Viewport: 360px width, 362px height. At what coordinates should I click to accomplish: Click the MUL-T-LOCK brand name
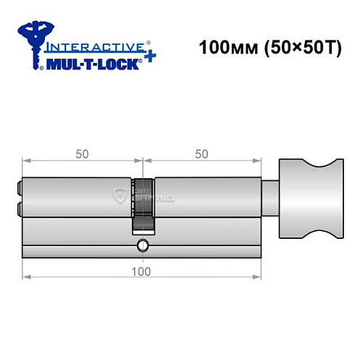(91, 64)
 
